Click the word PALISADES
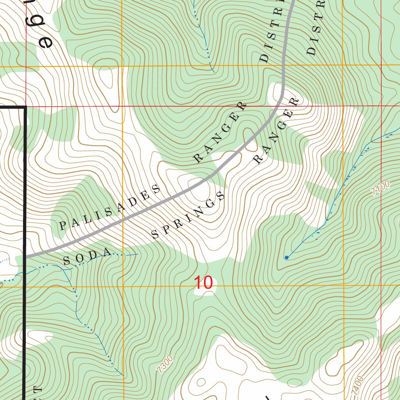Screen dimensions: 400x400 tap(109, 207)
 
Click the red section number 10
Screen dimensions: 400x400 tap(204, 282)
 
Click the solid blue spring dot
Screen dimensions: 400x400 tap(287, 257)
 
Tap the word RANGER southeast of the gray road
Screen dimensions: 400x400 tap(276, 130)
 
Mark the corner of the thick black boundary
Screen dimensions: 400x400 tap(25, 107)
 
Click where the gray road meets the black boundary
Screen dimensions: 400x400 tap(26, 256)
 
